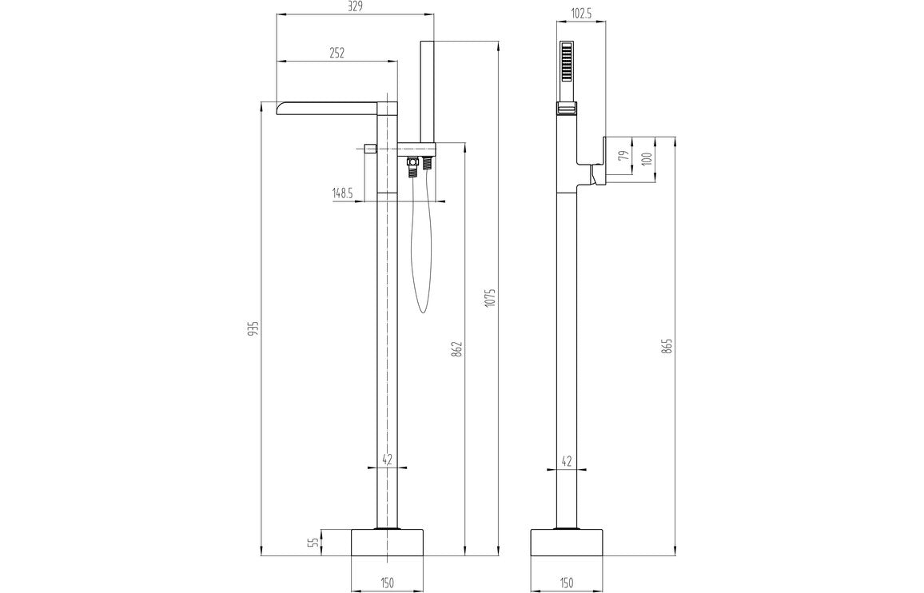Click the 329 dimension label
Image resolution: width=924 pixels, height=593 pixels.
[x=356, y=7]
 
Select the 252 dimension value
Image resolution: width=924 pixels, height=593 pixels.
[x=337, y=53]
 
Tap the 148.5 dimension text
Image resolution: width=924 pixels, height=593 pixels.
[x=342, y=193]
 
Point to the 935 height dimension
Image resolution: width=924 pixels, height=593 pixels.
[x=253, y=329]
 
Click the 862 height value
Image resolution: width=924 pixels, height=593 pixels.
[x=457, y=348]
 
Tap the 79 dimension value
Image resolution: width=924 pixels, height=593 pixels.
[x=623, y=154]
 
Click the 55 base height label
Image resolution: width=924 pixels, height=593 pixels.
[x=314, y=542]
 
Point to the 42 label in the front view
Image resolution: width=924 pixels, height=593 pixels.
[x=387, y=460]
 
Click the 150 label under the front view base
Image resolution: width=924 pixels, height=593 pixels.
[x=387, y=583]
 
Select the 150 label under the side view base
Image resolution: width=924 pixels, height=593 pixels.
[x=567, y=583]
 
